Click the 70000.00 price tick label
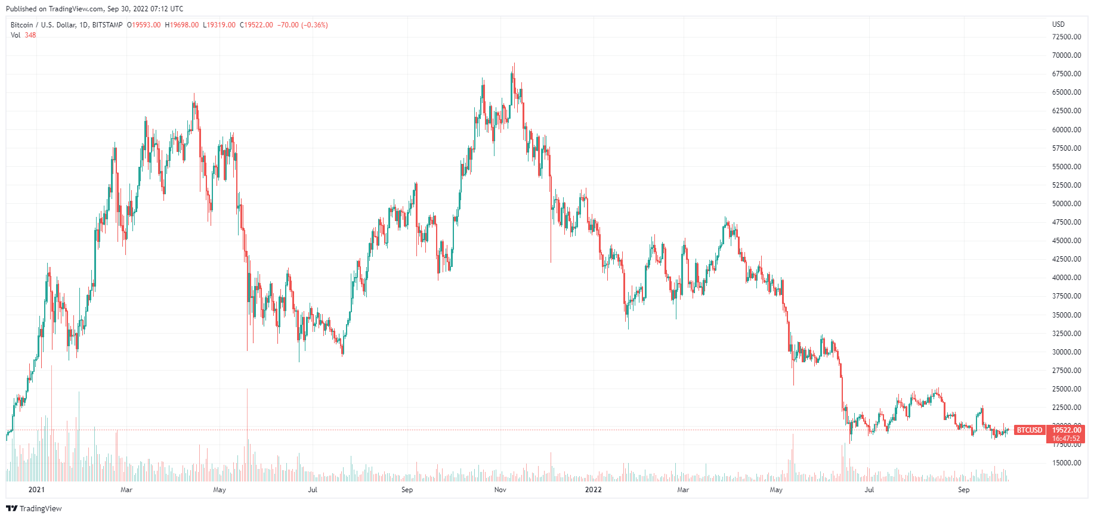click(1067, 55)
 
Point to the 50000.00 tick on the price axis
click(1067, 204)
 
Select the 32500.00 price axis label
click(1067, 334)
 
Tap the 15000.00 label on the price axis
click(1067, 463)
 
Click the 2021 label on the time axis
click(37, 490)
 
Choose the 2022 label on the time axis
click(593, 490)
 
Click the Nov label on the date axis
click(500, 490)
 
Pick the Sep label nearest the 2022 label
click(407, 490)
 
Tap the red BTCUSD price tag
click(1030, 430)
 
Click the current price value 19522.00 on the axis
click(1066, 430)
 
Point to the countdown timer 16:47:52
click(1066, 439)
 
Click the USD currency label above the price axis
click(1058, 24)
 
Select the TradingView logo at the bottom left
click(34, 508)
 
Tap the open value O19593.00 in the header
click(144, 25)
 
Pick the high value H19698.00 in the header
click(182, 25)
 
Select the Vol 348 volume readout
click(23, 35)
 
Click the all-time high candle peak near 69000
click(514, 64)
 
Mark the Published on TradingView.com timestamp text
click(95, 9)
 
